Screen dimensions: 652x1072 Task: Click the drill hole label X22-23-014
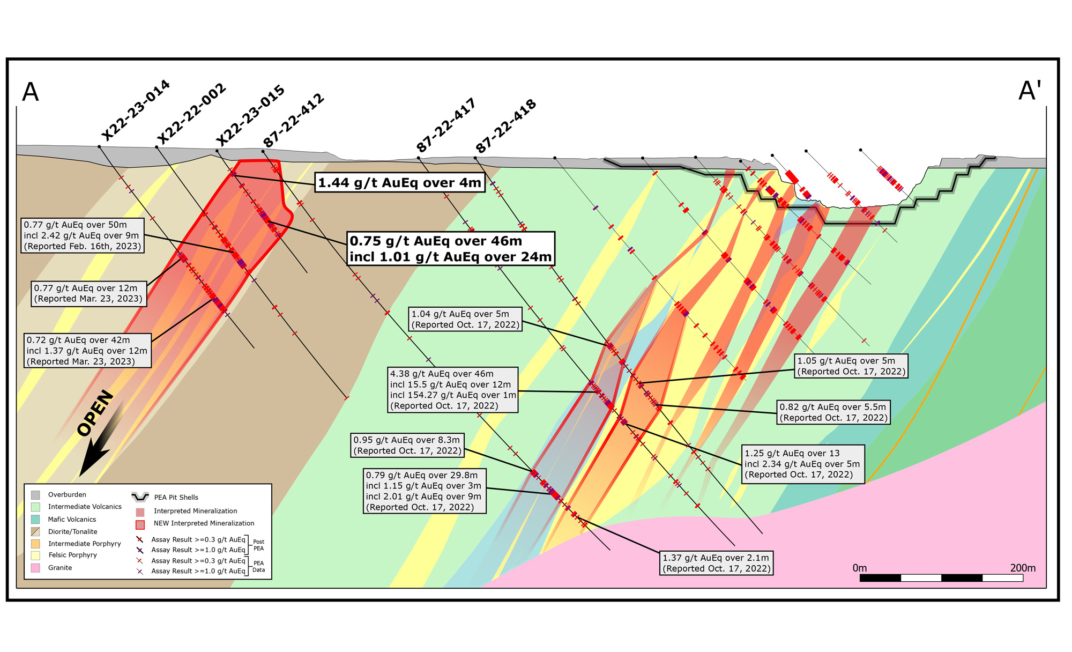[x=136, y=111]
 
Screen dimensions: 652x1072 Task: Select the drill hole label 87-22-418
[x=506, y=127]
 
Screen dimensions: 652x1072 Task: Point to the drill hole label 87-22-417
[x=446, y=125]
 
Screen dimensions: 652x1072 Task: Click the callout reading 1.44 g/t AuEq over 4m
[x=399, y=183]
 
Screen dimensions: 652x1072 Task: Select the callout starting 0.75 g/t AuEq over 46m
[x=450, y=249]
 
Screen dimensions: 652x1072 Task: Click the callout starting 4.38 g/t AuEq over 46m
[x=453, y=390]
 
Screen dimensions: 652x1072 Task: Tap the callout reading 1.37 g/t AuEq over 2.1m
[x=717, y=563]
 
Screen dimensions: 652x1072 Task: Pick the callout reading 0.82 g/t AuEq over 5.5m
[x=833, y=412]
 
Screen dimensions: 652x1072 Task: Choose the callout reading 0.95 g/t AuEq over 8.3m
[x=407, y=445]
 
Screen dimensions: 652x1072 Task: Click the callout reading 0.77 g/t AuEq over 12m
[x=88, y=293]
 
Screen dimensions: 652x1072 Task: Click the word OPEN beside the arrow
[x=95, y=413]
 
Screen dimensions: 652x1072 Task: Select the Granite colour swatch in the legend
[x=35, y=568]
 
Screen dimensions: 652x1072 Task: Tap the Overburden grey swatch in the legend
[x=35, y=495]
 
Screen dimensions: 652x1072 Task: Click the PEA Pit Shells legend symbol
[x=140, y=497]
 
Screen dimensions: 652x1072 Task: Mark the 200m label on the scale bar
[x=1023, y=568]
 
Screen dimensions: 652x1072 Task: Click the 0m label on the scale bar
[x=860, y=568]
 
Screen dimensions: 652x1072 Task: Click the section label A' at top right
[x=1030, y=91]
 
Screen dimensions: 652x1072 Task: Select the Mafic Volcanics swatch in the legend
[x=35, y=519]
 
